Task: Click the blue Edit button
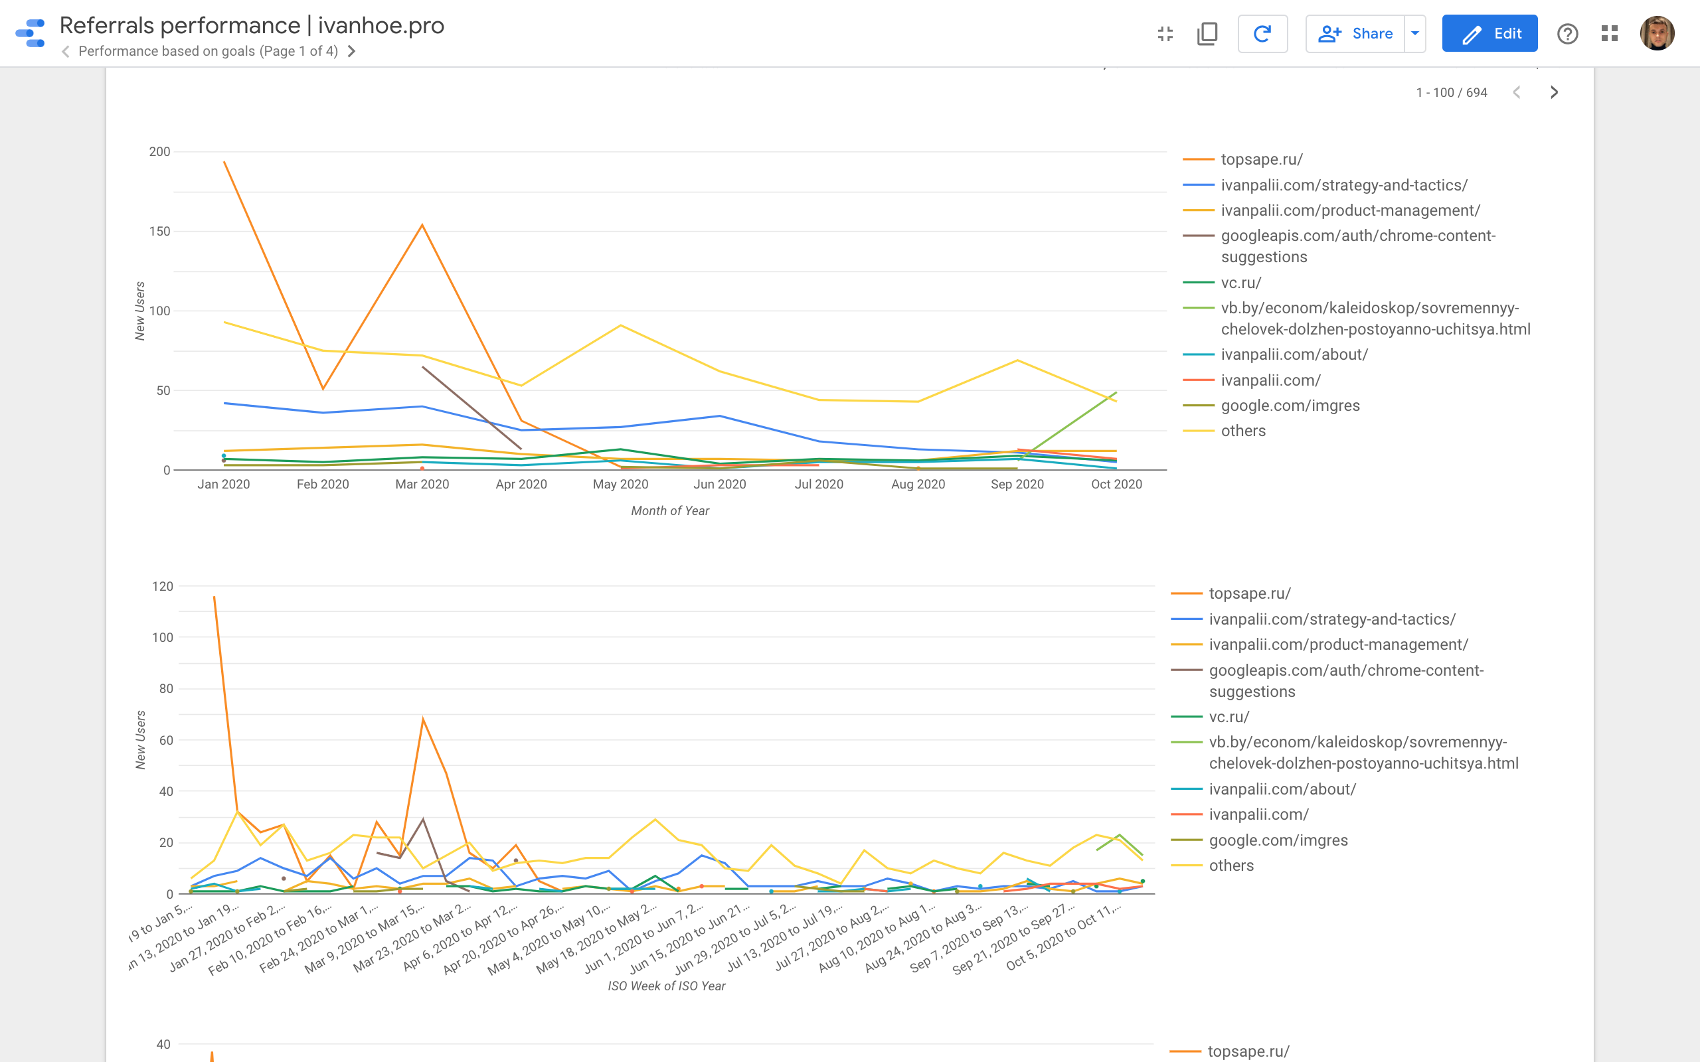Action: point(1489,34)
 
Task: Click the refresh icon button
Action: point(1262,34)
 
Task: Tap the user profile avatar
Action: point(1656,34)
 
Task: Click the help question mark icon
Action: point(1567,34)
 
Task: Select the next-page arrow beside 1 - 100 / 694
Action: point(1554,93)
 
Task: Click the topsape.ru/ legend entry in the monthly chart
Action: point(1261,159)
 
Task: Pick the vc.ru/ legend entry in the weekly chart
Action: point(1229,717)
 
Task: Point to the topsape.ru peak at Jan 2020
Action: point(224,162)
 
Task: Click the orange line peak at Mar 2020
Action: point(422,225)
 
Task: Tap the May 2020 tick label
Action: point(620,484)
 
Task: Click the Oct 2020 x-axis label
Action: point(1116,484)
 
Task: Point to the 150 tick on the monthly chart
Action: point(159,231)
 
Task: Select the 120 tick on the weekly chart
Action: point(162,587)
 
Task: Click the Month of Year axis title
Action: point(669,510)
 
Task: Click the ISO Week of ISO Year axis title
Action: point(666,986)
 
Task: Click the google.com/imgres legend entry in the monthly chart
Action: point(1290,406)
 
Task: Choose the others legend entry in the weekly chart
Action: point(1231,866)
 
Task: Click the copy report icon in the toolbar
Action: point(1207,34)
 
